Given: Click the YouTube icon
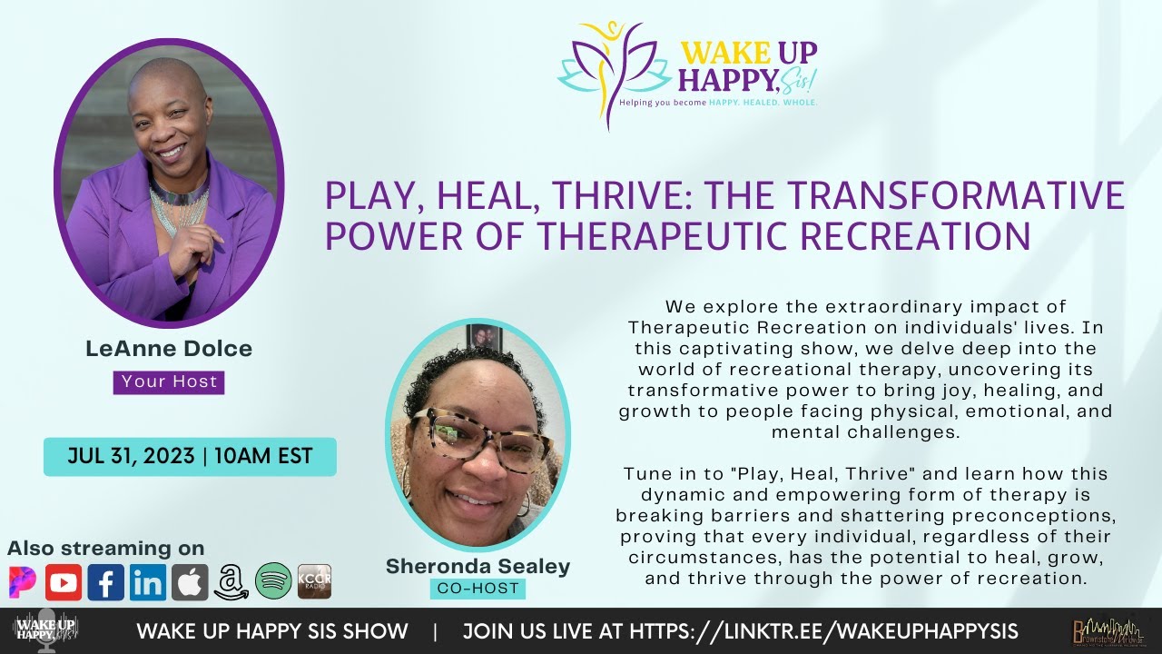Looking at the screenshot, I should (x=64, y=582).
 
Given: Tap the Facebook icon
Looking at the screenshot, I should (x=105, y=582).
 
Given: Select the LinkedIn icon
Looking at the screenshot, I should (x=147, y=582).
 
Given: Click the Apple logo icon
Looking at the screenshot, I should (x=190, y=582).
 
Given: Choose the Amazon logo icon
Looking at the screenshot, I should (x=231, y=582).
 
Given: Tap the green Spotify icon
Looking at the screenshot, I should (x=273, y=582).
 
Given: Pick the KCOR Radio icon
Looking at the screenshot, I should (x=314, y=582).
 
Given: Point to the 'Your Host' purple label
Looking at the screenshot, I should (x=169, y=381).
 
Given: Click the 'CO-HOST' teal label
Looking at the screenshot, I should (x=478, y=589).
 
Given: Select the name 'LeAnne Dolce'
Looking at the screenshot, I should (x=169, y=349).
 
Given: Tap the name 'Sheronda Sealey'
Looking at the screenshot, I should (x=478, y=566).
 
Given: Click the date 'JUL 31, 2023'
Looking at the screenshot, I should (x=131, y=456).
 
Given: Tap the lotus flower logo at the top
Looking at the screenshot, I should (x=614, y=73).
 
